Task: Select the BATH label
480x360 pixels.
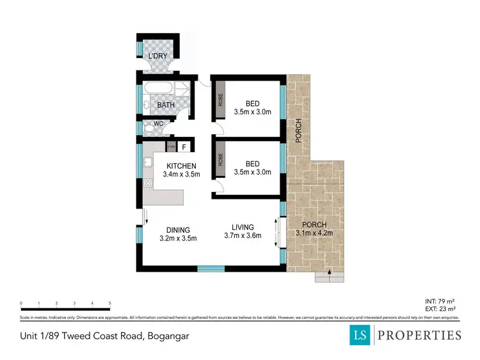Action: coord(166,105)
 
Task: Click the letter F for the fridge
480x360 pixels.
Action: coord(184,148)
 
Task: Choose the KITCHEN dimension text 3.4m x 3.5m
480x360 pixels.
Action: coord(182,174)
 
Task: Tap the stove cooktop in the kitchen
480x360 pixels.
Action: coord(148,184)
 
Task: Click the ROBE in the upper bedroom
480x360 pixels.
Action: coord(220,99)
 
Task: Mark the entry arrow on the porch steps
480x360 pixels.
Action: coord(329,273)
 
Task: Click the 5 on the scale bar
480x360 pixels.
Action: coord(110,303)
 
